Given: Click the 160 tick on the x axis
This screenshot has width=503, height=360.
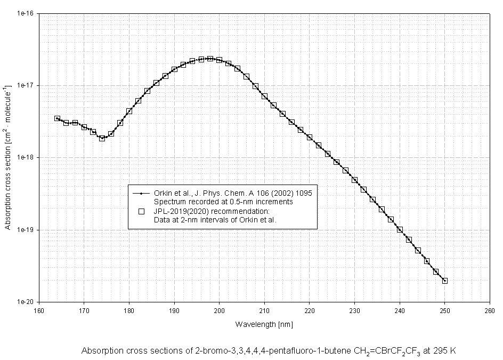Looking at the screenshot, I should [39, 309].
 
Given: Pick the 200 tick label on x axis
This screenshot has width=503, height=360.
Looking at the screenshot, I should [219, 309].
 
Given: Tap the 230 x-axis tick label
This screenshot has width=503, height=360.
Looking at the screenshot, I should [354, 309].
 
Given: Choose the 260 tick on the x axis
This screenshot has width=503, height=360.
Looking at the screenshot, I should [489, 309].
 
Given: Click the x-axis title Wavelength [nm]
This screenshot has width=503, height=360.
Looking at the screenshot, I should [264, 324].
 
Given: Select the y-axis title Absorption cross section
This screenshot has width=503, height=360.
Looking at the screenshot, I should [7, 157].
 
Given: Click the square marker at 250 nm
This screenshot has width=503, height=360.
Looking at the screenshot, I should [444, 281].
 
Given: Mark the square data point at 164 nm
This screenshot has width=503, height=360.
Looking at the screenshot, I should [57, 118].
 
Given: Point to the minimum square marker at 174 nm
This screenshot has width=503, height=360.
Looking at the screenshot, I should [102, 138].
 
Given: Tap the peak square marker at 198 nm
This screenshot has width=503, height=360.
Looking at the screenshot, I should [210, 59].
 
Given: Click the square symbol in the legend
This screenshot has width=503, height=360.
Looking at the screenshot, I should [141, 211].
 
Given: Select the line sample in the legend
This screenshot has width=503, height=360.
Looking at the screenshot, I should [141, 194].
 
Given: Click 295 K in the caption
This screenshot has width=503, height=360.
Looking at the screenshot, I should [445, 351].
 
